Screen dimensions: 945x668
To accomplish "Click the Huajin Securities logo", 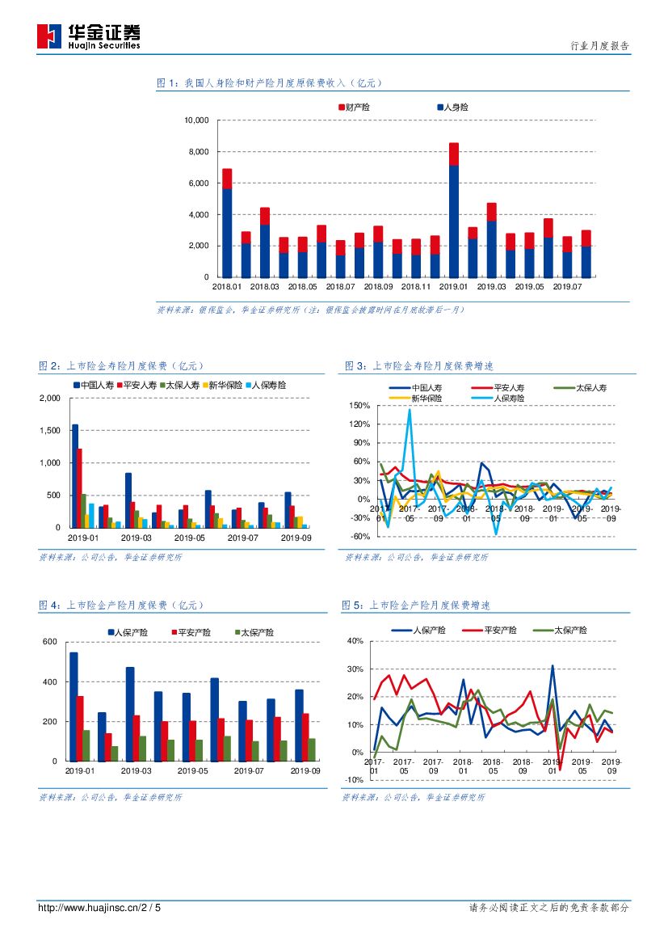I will [89, 36].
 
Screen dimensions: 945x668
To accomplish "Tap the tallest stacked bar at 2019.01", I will [454, 210].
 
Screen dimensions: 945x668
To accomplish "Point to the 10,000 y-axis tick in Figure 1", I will [197, 120].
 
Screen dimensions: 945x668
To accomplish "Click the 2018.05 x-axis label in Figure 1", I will [302, 286].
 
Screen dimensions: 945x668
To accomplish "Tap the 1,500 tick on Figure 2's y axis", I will [50, 431].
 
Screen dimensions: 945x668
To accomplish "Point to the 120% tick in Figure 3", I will [360, 424].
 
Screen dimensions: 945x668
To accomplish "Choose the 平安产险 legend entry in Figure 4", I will [194, 632].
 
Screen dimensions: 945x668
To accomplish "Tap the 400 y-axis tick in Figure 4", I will [50, 682].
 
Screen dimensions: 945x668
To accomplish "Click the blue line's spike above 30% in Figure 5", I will [552, 666].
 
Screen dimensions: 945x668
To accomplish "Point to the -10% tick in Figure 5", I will [355, 780].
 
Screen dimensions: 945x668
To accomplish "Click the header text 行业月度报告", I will [599, 47].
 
